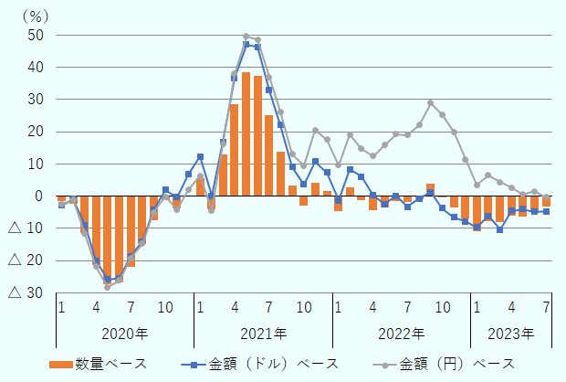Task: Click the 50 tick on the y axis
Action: (x=34, y=36)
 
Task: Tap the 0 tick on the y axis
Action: (x=38, y=196)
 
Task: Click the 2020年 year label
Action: (x=124, y=333)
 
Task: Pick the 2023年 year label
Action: (x=511, y=333)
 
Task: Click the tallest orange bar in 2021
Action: (x=246, y=133)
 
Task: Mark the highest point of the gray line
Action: (x=246, y=37)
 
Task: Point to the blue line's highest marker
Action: (x=246, y=44)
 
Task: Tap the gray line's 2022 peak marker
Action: (x=431, y=102)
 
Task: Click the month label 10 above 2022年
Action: (x=442, y=305)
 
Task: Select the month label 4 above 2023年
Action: (x=511, y=305)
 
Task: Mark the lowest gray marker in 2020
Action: (x=108, y=287)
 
